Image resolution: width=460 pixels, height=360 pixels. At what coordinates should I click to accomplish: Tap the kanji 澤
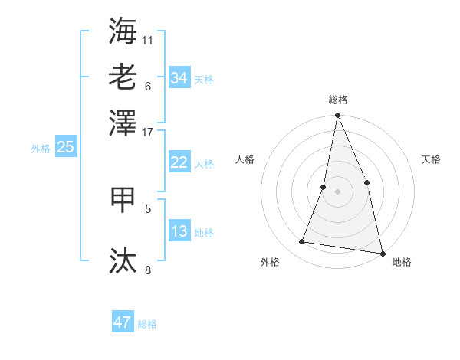[123, 122]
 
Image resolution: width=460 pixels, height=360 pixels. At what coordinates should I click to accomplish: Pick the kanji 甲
[123, 198]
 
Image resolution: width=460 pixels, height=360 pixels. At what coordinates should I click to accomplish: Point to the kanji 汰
[123, 260]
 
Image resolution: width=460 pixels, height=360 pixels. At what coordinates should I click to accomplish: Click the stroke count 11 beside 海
[148, 39]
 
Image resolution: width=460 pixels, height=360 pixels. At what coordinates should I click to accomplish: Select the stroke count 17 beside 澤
[148, 131]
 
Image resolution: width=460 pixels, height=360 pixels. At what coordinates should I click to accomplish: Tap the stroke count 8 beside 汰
[148, 269]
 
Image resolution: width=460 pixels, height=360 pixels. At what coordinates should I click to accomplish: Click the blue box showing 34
[179, 78]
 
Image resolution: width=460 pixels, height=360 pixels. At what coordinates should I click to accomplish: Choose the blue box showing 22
[179, 162]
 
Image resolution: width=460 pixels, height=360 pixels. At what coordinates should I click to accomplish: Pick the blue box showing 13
[179, 231]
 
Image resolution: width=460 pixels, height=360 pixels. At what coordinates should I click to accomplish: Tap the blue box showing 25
[65, 147]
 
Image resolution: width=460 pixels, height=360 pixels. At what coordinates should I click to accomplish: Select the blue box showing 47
[122, 322]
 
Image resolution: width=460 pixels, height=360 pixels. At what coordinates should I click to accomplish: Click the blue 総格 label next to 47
[147, 324]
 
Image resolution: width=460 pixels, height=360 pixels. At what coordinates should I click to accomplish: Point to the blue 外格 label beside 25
[41, 149]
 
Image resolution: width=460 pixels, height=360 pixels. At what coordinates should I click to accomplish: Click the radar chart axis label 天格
[431, 159]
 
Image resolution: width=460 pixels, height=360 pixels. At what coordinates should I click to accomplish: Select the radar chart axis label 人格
[245, 159]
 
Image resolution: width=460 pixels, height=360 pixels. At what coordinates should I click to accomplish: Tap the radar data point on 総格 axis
[337, 116]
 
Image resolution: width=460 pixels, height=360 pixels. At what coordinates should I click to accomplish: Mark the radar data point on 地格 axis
[382, 252]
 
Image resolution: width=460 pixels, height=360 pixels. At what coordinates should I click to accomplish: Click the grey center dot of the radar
[337, 191]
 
